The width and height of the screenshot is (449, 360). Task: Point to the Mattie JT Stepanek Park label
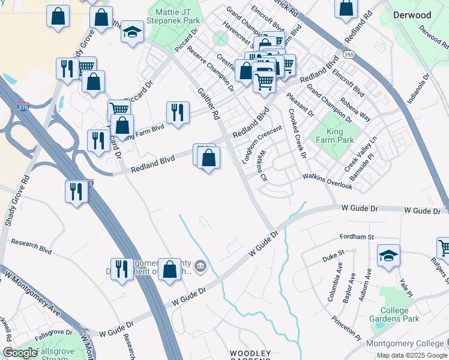click(x=177, y=16)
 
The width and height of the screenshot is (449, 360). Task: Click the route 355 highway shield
click(x=349, y=55)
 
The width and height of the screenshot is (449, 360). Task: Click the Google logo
click(x=20, y=353)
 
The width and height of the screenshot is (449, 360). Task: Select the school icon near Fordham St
click(x=388, y=255)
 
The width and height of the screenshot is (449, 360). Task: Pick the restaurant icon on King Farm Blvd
click(x=178, y=112)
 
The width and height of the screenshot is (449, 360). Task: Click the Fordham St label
click(x=357, y=237)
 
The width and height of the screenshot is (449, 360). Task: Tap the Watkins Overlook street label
click(x=327, y=181)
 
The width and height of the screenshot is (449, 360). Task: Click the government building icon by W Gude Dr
click(x=200, y=265)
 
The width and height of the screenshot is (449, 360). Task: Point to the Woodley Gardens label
click(x=251, y=356)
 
